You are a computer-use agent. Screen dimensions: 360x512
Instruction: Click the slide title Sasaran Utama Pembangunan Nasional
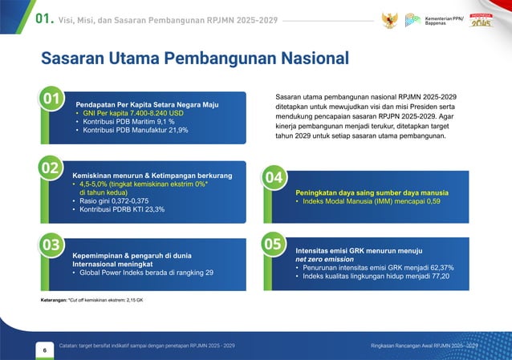[194, 59]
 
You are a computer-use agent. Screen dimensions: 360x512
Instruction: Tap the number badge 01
[55, 99]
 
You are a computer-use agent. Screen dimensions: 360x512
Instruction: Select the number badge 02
[51, 168]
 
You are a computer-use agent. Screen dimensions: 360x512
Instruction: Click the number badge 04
[274, 177]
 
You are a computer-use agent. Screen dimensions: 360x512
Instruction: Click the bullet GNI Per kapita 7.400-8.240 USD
[128, 113]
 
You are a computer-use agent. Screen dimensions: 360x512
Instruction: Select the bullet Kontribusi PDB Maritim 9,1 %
[124, 121]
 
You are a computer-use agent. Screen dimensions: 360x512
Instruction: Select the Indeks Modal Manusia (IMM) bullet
[369, 201]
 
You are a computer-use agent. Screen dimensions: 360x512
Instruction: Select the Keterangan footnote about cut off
[92, 300]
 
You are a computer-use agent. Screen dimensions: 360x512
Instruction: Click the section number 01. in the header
[39, 19]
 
